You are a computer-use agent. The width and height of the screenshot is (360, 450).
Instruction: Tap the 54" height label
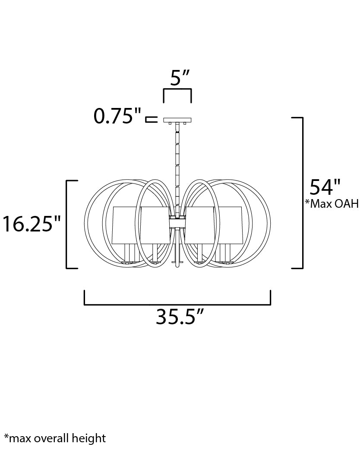325,187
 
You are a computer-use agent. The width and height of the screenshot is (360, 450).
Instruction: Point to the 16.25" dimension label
32,224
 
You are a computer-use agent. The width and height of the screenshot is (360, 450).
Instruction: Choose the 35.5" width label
180,317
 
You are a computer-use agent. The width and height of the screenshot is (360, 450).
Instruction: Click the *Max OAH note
332,203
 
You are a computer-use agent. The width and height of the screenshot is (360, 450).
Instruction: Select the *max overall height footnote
55,438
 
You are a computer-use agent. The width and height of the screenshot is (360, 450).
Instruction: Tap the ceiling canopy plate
177,120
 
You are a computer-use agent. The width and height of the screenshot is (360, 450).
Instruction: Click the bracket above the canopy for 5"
177,90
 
